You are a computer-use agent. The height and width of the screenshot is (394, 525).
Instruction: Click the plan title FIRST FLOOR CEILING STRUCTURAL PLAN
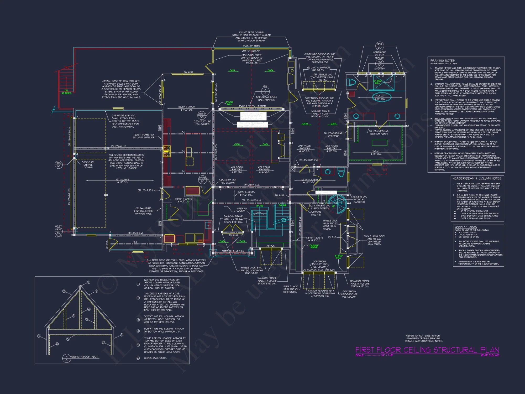[427, 350]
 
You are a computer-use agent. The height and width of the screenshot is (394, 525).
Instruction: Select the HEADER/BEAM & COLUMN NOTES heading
[477, 178]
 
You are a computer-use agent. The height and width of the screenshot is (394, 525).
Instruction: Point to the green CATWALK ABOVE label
[314, 246]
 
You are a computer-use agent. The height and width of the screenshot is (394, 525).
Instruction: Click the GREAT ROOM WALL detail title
[85, 357]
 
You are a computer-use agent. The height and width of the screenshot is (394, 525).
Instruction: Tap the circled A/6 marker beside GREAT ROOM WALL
[67, 358]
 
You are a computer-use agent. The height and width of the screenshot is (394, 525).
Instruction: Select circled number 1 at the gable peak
[88, 282]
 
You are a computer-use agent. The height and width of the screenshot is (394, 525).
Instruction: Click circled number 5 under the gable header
[68, 339]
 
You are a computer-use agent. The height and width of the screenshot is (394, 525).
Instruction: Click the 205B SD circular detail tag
[202, 180]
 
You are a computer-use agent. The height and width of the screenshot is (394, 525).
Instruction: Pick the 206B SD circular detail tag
[202, 115]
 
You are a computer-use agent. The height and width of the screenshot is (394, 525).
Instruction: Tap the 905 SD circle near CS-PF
[59, 231]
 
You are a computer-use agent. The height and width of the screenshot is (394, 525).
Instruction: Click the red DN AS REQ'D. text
[66, 92]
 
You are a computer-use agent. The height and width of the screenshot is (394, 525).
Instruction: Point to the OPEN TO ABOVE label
[241, 210]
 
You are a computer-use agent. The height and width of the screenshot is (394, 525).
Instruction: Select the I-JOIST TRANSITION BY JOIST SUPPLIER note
[143, 136]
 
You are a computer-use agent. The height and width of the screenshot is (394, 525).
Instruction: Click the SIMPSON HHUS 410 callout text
[316, 213]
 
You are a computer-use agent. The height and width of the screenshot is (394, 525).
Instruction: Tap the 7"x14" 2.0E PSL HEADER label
[252, 106]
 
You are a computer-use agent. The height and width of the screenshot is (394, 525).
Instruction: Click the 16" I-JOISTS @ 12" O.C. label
[123, 181]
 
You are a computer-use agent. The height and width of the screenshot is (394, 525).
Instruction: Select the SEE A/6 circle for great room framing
[265, 91]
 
